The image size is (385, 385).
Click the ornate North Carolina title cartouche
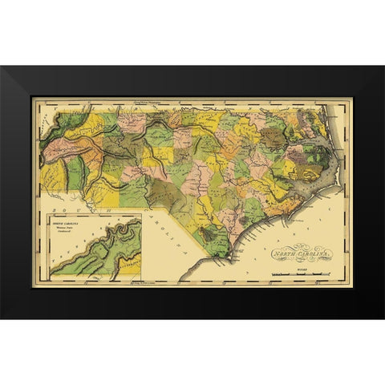coord(296,257)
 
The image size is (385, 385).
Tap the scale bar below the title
coord(298,275)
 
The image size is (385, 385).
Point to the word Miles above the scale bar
coord(298,270)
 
